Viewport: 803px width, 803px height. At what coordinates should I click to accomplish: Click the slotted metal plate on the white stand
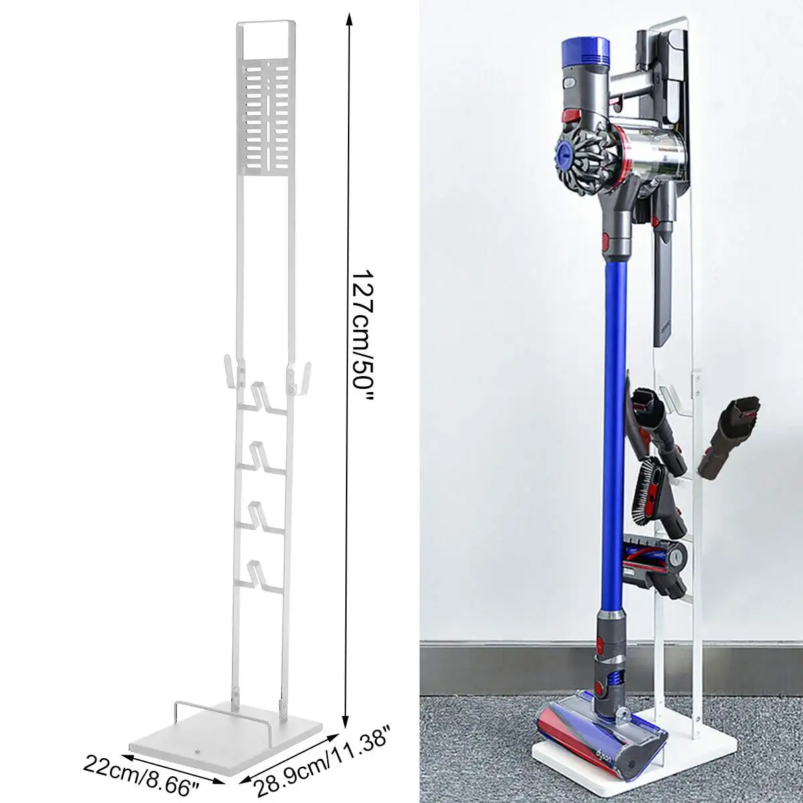pyautogui.click(x=267, y=117)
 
